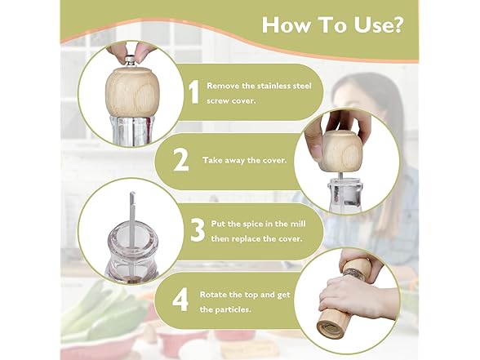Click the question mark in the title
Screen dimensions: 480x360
point(394,24)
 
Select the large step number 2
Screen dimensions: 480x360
point(181,160)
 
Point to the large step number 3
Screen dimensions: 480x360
point(198,230)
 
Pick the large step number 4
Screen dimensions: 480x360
point(180,300)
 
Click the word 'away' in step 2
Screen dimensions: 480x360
point(233,160)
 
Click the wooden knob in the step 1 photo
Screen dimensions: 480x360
point(130,92)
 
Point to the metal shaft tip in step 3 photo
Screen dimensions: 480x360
point(132,196)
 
